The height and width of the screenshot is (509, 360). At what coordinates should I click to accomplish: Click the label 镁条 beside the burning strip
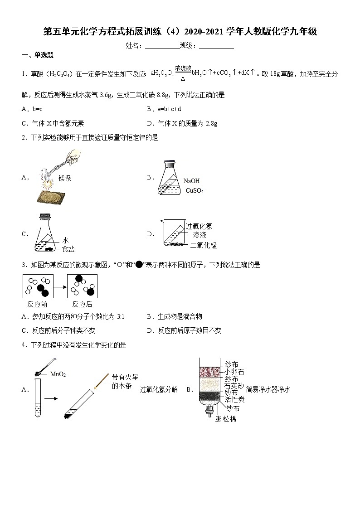click(x=65, y=179)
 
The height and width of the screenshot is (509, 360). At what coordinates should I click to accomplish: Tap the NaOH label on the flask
click(x=191, y=181)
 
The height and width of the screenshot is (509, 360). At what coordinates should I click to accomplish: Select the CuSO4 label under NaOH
click(x=195, y=191)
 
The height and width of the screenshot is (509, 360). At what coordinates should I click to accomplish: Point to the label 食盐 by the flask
click(x=68, y=249)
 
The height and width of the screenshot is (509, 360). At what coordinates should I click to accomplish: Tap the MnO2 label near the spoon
click(x=58, y=374)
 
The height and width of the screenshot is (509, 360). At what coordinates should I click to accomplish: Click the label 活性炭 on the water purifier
click(x=234, y=399)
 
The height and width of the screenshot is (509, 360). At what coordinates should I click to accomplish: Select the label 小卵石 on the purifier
click(x=234, y=372)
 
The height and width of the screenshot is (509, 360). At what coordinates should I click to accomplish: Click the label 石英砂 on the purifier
click(x=234, y=386)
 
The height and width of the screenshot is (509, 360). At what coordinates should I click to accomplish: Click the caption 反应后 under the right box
click(x=82, y=304)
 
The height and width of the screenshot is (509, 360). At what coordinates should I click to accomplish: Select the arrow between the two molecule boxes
click(x=60, y=286)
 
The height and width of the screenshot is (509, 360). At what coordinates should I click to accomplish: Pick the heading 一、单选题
click(x=38, y=55)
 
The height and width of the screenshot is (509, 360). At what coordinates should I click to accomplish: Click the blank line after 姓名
click(x=162, y=46)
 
